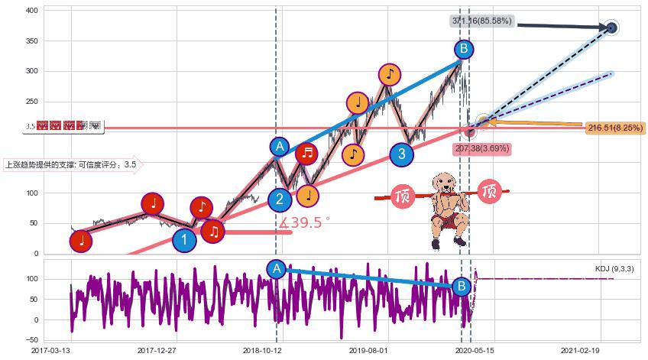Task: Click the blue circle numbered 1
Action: (184, 241)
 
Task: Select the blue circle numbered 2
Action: (280, 199)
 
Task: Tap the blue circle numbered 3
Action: (402, 154)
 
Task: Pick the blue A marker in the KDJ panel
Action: (277, 268)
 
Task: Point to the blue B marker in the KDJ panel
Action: (461, 287)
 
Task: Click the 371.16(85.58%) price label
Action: (481, 21)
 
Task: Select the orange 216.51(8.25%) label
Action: (615, 128)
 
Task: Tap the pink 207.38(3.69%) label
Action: (481, 148)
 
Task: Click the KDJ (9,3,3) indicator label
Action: (614, 269)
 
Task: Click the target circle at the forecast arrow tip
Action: (611, 28)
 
